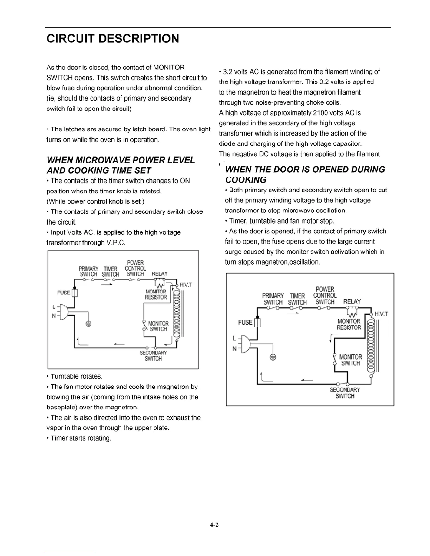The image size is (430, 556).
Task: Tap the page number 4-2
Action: tap(214, 525)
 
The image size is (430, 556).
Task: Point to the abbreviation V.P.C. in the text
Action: tap(115, 243)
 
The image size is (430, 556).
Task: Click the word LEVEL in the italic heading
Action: tap(177, 160)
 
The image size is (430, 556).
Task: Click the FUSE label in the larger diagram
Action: tap(245, 322)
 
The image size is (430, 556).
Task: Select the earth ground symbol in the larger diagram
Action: tap(273, 358)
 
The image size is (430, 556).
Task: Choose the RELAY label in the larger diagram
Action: tap(352, 302)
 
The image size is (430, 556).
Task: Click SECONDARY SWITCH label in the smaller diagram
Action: tap(153, 356)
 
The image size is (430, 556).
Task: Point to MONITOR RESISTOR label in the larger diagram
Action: tap(349, 324)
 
